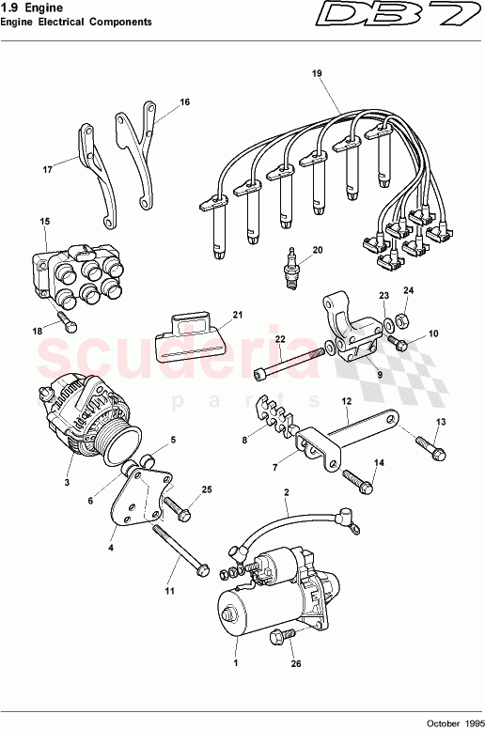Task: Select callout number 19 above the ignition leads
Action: pyautogui.click(x=316, y=73)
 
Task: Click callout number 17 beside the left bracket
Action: pyautogui.click(x=46, y=170)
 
